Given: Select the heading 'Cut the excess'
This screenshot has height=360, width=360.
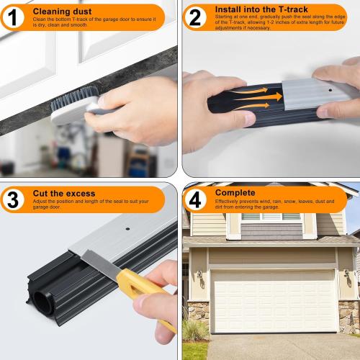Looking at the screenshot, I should (x=63, y=194).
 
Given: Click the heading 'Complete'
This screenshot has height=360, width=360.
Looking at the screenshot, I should (x=235, y=193).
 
